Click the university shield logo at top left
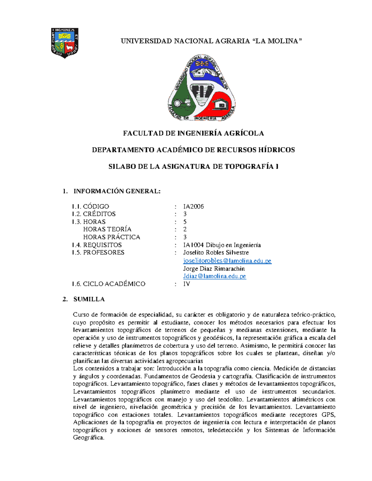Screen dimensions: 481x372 (64, 43)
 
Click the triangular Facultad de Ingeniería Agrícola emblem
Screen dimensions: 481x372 (201, 88)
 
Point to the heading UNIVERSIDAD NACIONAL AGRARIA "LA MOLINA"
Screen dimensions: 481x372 (211, 41)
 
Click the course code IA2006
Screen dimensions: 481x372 (193, 206)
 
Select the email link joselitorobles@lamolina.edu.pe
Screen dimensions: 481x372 (227, 261)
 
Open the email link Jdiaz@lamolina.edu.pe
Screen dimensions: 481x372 (214, 276)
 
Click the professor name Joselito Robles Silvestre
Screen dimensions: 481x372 (216, 252)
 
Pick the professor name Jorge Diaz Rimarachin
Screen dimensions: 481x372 (214, 269)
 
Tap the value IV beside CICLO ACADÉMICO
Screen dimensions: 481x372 (187, 284)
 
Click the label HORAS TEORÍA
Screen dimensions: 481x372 (107, 229)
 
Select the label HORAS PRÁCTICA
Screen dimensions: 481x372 (112, 237)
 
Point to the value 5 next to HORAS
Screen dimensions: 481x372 (185, 222)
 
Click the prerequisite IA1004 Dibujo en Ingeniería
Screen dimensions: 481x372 (222, 245)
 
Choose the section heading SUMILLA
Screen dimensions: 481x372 (89, 299)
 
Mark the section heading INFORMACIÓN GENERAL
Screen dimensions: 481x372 (117, 191)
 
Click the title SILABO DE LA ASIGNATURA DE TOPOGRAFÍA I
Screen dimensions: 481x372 (193, 167)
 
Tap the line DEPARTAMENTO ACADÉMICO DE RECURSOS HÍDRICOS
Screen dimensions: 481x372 (193, 150)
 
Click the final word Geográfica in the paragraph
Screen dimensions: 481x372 (89, 438)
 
